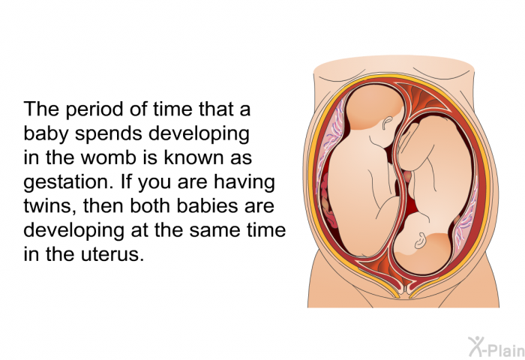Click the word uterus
point(112,254)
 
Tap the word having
point(244,183)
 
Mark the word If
point(126,181)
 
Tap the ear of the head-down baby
point(419,241)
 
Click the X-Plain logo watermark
point(496,347)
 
